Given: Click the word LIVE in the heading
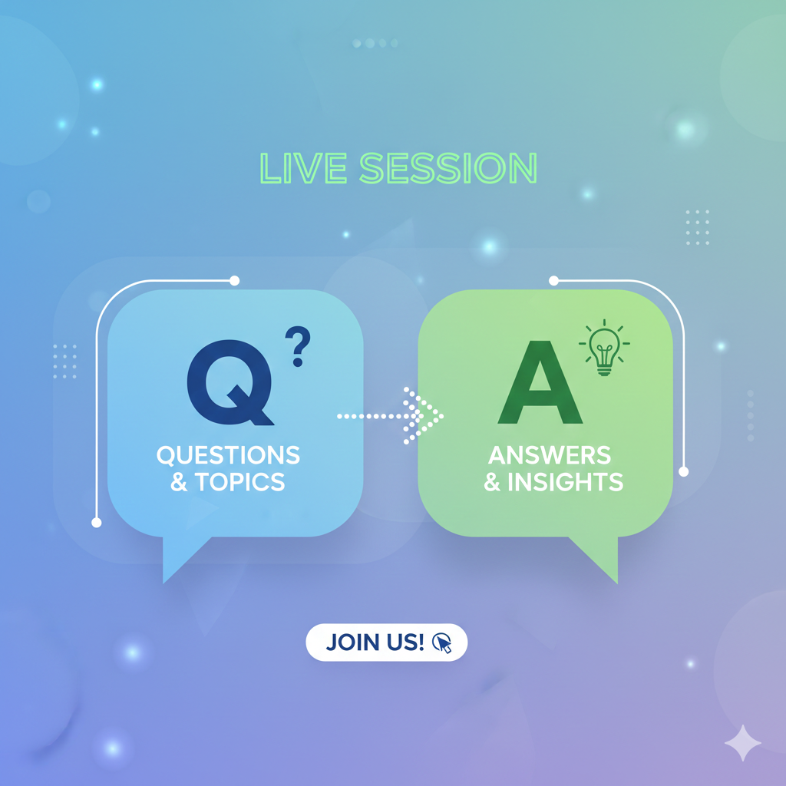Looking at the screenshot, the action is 303,168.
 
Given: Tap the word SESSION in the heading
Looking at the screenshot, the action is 448,168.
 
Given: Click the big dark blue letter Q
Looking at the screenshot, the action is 230,382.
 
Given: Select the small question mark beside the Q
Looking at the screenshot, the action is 298,346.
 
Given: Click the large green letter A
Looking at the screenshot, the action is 540,382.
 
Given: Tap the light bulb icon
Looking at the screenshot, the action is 604,348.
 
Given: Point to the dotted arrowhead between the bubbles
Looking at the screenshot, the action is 424,415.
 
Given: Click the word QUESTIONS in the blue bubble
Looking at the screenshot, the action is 228,455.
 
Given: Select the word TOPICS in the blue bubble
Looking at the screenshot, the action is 239,482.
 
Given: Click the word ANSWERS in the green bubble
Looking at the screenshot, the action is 550,455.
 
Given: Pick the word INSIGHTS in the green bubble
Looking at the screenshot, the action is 565,482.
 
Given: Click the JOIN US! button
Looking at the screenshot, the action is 387,642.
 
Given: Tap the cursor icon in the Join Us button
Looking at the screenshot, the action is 442,642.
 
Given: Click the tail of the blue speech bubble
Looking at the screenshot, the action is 181,557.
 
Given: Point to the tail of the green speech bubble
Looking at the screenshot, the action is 599,557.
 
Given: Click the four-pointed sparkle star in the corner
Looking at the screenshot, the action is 743,743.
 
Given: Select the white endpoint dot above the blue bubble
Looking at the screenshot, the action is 234,281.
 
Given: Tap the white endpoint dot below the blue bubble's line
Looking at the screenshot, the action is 97,523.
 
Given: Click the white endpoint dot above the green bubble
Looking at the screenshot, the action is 554,281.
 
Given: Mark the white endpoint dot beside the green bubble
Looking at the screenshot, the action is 684,472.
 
